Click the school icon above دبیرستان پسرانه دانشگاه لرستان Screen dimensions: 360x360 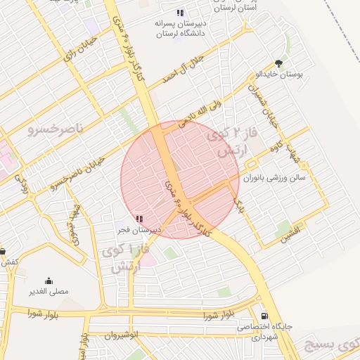pyautogui.click(x=180, y=13)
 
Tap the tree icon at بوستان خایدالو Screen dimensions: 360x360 pyautogui.click(x=280, y=63)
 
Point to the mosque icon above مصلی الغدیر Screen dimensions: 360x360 pyautogui.click(x=49, y=281)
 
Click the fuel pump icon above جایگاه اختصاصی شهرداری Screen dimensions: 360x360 pyautogui.click(x=264, y=316)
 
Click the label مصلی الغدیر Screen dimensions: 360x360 pyautogui.click(x=49, y=291)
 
